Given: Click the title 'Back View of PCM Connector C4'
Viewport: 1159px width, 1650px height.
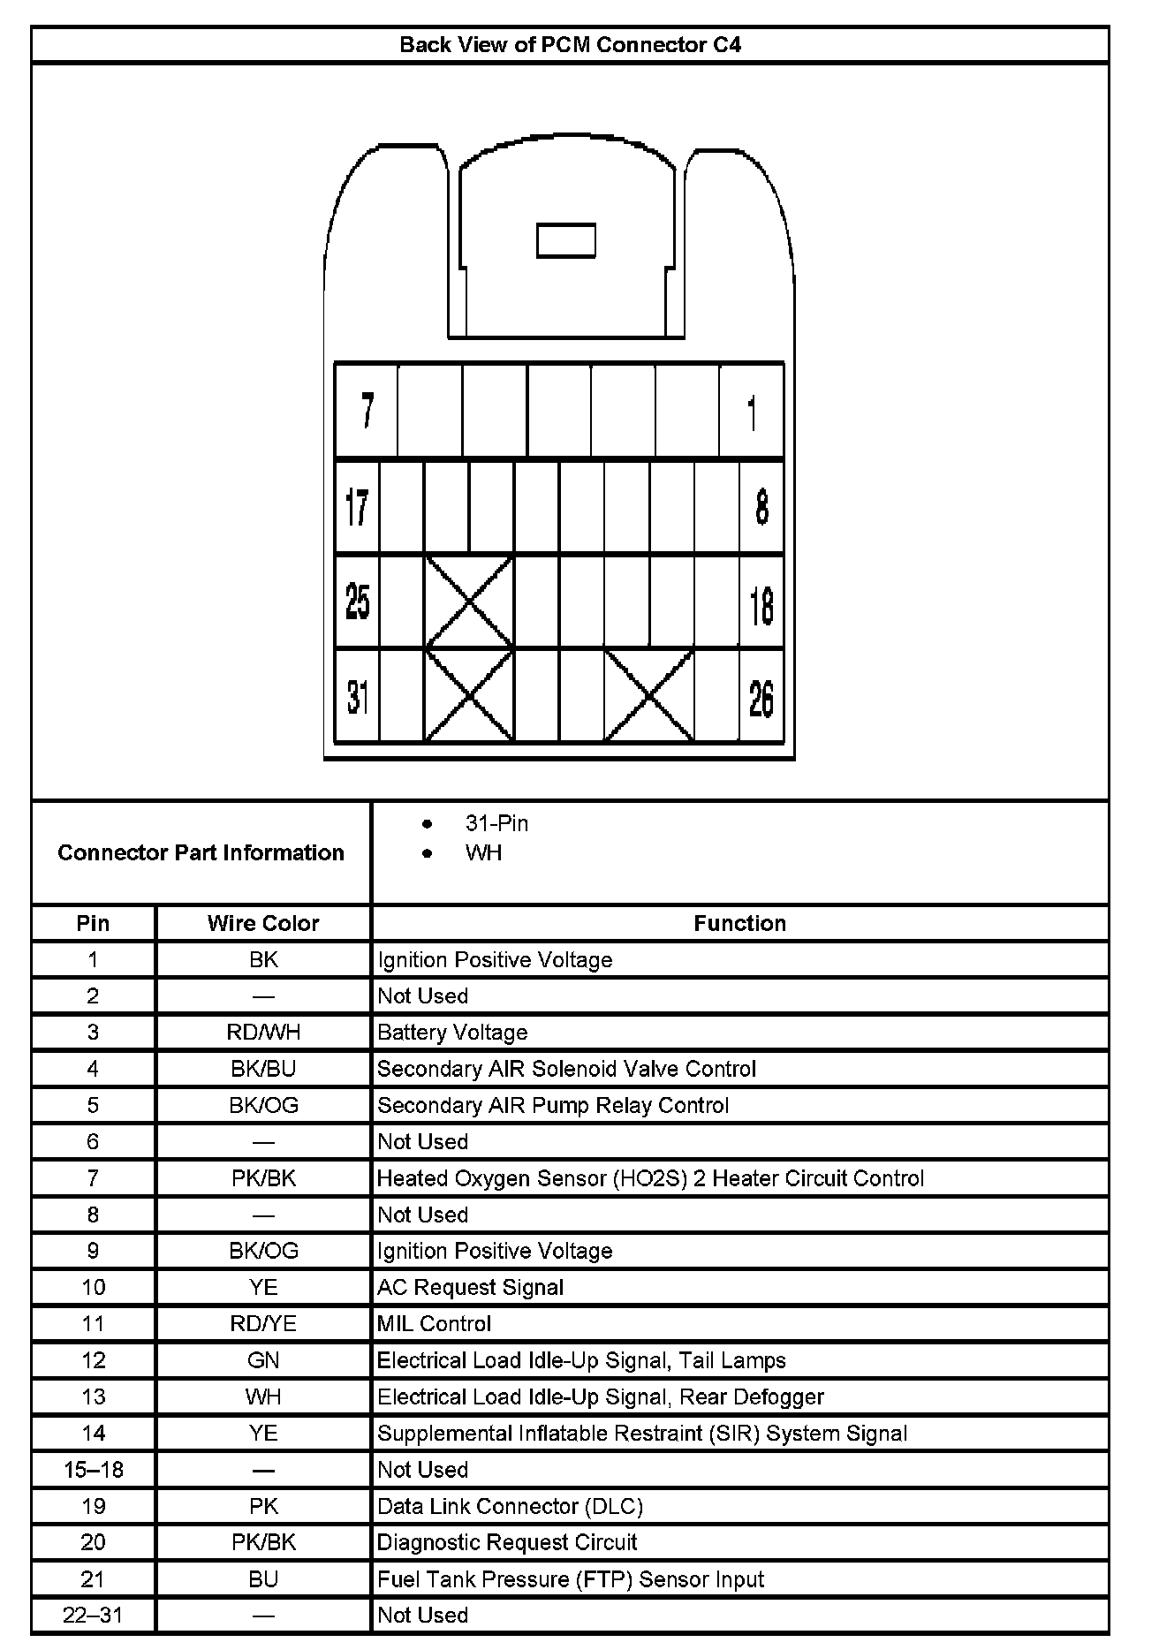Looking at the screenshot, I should [570, 45].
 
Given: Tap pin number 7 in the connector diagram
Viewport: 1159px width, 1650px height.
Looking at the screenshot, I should [367, 411].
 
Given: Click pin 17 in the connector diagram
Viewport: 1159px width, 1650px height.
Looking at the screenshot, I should [357, 508].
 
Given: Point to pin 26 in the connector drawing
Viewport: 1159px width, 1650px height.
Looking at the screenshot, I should [761, 698].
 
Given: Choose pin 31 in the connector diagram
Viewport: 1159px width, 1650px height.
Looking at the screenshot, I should [357, 698].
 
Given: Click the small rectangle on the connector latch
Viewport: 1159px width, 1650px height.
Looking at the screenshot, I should [566, 240].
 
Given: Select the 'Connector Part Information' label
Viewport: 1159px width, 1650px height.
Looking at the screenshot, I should [201, 852].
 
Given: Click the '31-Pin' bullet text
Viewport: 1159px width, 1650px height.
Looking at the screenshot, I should [496, 823].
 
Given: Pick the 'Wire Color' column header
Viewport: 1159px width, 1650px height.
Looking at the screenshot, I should [263, 923].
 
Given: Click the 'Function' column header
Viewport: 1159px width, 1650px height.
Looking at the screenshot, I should [739, 923].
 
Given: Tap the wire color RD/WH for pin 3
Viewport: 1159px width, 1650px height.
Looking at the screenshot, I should [263, 1033].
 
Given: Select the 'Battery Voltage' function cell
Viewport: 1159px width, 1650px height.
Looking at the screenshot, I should [452, 1033].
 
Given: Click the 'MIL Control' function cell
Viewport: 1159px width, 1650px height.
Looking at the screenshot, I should [434, 1323].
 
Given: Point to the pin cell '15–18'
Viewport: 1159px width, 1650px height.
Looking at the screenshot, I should [93, 1470].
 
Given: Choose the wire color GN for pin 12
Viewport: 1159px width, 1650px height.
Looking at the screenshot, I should [263, 1360].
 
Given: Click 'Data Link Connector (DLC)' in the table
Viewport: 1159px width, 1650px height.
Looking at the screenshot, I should [510, 1506].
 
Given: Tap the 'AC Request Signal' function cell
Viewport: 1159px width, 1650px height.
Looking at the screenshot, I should [470, 1287].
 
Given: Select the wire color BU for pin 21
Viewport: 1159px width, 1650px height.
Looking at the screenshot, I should [263, 1578].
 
